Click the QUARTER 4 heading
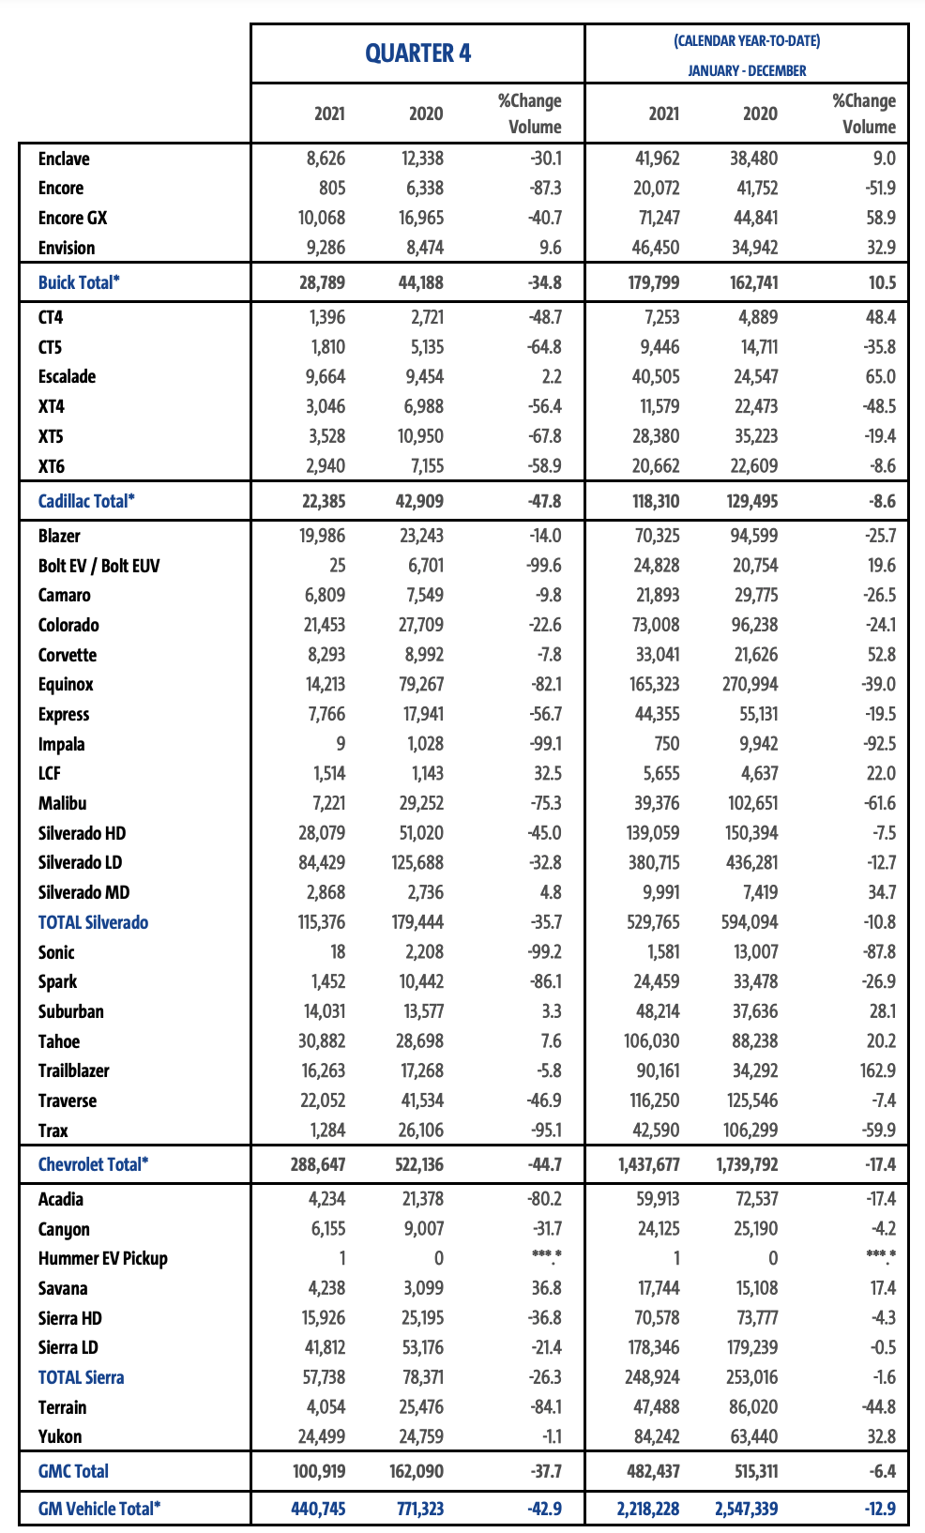click(417, 53)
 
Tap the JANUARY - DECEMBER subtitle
click(747, 70)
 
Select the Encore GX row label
click(72, 218)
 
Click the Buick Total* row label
click(79, 282)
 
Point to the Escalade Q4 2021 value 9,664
click(322, 376)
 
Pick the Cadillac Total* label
click(86, 501)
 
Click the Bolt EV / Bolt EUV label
click(99, 566)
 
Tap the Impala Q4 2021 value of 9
click(340, 744)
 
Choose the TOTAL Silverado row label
click(93, 922)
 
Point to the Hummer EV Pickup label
click(102, 1258)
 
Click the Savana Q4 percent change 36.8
click(546, 1288)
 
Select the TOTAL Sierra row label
click(81, 1377)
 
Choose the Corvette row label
click(68, 655)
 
